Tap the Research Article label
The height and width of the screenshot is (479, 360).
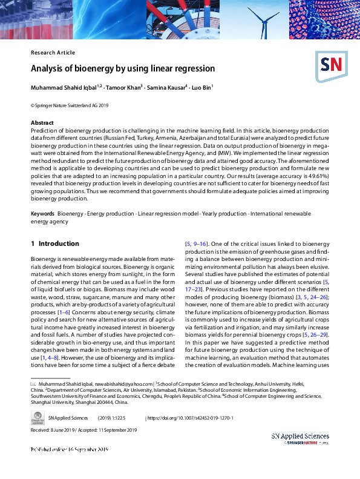(x=53, y=53)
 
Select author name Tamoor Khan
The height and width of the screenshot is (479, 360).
(x=125, y=88)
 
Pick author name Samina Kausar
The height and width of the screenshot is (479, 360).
(x=169, y=88)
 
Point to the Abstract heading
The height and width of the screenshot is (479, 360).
(x=42, y=122)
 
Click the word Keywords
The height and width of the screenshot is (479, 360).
(x=42, y=214)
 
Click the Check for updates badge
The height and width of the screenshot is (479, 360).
(x=37, y=418)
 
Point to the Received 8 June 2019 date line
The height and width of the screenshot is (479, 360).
(x=84, y=431)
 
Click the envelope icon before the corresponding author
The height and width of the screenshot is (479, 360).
(x=33, y=384)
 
